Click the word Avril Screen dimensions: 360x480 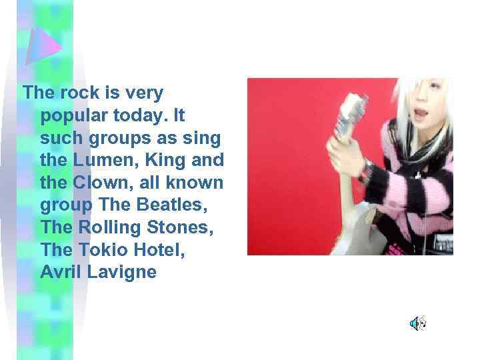(59, 272)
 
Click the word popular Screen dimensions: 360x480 (70, 116)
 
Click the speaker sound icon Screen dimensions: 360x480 (417, 324)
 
